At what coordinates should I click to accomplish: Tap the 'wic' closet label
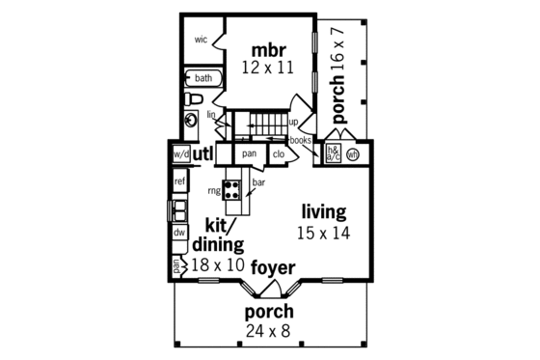click(x=201, y=40)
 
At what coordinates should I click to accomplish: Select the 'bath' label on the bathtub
click(x=203, y=78)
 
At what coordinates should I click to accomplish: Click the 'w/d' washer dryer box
click(x=180, y=154)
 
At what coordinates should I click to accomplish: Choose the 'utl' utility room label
click(x=203, y=153)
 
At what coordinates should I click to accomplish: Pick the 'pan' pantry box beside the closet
click(x=249, y=153)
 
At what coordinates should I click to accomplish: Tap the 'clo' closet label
click(x=278, y=153)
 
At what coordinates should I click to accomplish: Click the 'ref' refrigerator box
click(x=180, y=181)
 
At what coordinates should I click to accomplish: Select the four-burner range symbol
click(x=231, y=188)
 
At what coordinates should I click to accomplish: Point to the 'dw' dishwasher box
click(x=180, y=233)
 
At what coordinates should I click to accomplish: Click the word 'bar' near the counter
click(x=258, y=181)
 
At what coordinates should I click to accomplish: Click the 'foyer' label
click(x=274, y=266)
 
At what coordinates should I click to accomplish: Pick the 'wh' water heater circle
click(x=352, y=153)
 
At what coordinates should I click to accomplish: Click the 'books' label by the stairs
click(x=300, y=140)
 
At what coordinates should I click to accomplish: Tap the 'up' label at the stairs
click(x=293, y=122)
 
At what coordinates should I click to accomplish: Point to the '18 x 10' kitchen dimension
click(x=218, y=263)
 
